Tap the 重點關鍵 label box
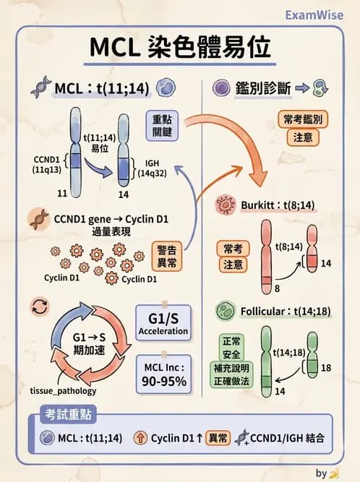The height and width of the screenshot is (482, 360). click(x=166, y=125)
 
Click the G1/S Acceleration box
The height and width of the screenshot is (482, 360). click(x=163, y=323)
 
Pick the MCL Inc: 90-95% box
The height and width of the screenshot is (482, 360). click(x=163, y=373)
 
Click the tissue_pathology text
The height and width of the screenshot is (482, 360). click(x=64, y=390)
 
